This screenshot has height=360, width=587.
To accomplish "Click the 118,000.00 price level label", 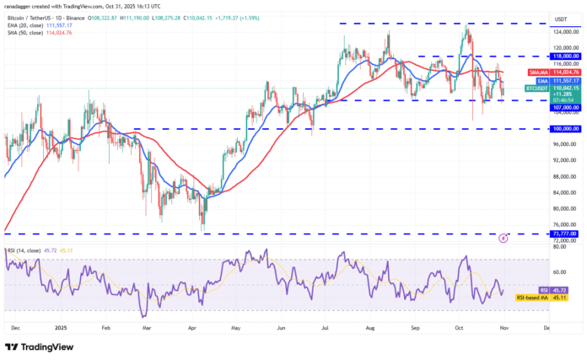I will tap(564, 56).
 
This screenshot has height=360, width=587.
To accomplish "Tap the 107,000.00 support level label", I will tap(564, 107).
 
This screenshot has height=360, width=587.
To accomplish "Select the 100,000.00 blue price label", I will tap(564, 129).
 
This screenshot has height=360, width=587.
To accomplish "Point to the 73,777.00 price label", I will tap(564, 234).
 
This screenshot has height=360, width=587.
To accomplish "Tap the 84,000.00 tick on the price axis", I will tap(563, 193).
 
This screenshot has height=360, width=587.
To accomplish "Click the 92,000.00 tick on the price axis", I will tap(563, 161).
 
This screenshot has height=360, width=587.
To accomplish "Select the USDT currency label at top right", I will tap(559, 18).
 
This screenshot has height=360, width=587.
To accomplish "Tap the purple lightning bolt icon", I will tap(504, 239).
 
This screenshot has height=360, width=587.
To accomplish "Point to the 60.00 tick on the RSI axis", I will tap(559, 271).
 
